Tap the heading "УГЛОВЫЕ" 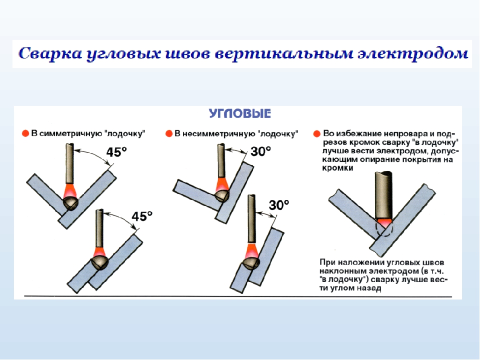coord(240,113)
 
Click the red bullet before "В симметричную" coord(25,134)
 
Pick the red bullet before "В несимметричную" coord(169,134)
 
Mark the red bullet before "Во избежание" coord(317,134)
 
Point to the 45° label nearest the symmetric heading coord(116,152)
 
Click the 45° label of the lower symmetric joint coord(142,216)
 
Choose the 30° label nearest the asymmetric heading coord(261,151)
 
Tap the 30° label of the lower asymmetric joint coord(279,205)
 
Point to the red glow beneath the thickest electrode coord(384,223)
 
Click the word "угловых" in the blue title coord(123,54)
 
